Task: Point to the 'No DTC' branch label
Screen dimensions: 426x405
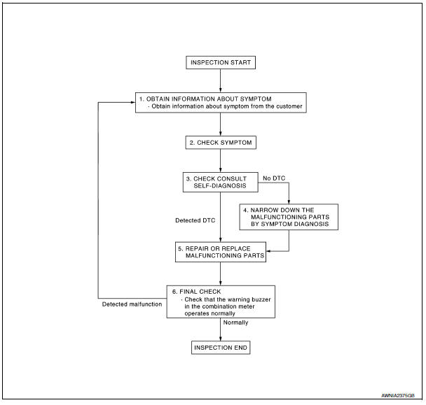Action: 274,178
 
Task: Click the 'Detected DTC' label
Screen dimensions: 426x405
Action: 195,220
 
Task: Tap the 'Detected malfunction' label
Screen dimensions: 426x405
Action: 132,304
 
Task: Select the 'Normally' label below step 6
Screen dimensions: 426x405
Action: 235,322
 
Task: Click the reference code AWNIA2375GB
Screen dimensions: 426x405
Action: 398,395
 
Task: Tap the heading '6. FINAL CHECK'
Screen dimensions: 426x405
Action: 196,292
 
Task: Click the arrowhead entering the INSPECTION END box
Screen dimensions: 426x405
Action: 220,339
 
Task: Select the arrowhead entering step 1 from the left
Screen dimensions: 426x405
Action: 133,102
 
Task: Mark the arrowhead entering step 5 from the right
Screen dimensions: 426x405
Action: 268,251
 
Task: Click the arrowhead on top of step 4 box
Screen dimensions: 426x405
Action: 289,202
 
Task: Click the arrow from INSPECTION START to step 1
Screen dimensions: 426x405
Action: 220,81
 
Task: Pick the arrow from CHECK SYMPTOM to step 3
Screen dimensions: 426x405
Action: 220,161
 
